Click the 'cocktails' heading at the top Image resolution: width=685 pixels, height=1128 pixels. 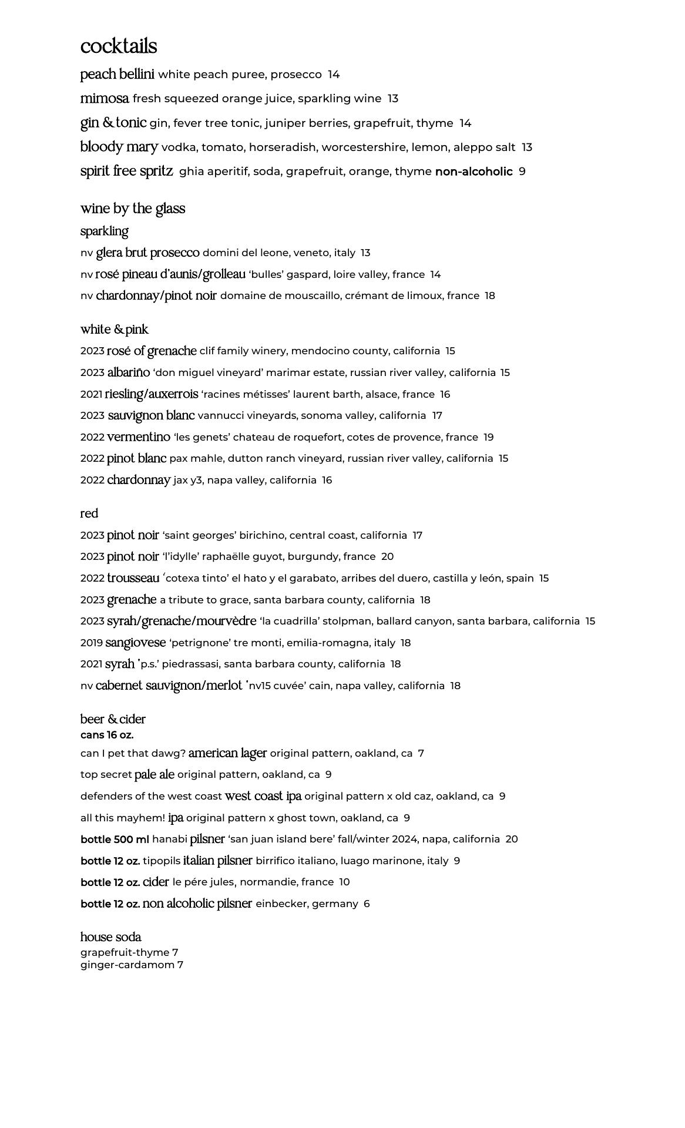pos(119,46)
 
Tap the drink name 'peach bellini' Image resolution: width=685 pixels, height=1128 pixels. pos(117,75)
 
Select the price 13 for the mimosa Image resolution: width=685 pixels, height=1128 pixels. pos(393,99)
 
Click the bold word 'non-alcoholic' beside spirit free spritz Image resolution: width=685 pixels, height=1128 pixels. pos(474,172)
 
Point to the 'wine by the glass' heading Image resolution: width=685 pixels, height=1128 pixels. pos(133,209)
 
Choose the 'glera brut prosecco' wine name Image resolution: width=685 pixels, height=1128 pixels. pos(147,253)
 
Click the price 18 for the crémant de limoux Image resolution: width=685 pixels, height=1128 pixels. pos(490,296)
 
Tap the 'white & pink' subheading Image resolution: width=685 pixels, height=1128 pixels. pos(114,329)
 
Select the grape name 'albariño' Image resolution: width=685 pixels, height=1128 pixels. pos(128,372)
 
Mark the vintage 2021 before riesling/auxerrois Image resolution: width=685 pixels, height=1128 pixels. pos(92,394)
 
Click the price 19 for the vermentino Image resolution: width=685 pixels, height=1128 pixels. pos(488,437)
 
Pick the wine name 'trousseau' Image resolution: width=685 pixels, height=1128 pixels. pos(133,578)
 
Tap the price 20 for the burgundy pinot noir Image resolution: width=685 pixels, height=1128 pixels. pos(387,556)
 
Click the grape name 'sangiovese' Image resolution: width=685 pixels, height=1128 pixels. pos(135,643)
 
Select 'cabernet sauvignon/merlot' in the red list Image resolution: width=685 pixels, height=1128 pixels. pos(169,686)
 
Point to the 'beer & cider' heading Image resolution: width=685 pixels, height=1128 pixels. pos(113,719)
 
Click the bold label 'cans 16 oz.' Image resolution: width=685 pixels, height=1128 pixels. pos(107,735)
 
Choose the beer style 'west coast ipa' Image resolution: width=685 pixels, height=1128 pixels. pos(263,796)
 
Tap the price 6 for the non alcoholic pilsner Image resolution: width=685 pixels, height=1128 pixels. pos(367,904)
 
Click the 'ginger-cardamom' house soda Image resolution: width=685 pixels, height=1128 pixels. pos(127,965)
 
